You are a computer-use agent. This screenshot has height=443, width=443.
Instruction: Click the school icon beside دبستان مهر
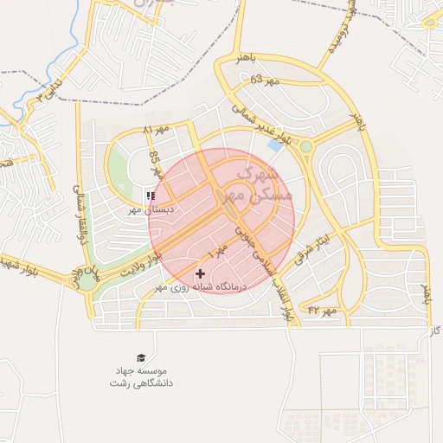(x=151, y=196)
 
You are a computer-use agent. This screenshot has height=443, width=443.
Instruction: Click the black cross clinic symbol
(x=201, y=273)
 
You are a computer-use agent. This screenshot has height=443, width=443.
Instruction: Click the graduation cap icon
(x=140, y=357)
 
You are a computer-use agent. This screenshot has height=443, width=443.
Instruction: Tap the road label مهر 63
(x=266, y=80)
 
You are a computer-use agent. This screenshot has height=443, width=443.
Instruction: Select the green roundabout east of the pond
(x=305, y=147)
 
